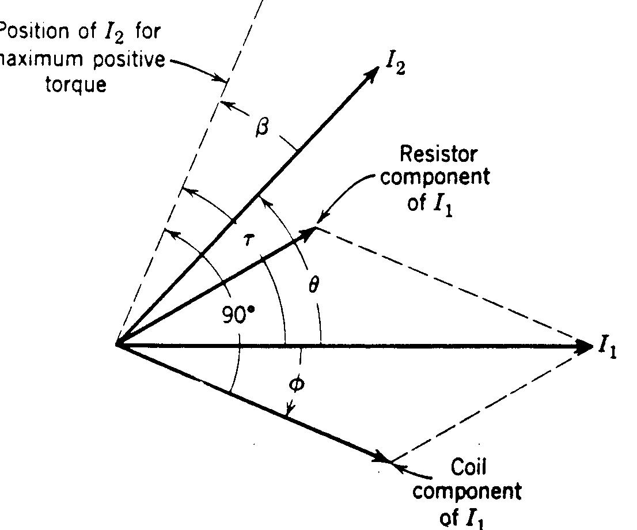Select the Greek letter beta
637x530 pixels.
[262, 127]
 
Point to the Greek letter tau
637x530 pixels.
[247, 240]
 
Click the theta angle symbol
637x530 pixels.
[312, 285]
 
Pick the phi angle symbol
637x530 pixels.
[295, 384]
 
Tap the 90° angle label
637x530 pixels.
[238, 315]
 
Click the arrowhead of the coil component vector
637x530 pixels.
[382, 457]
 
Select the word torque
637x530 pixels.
[85, 85]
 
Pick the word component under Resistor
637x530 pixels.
[435, 177]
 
